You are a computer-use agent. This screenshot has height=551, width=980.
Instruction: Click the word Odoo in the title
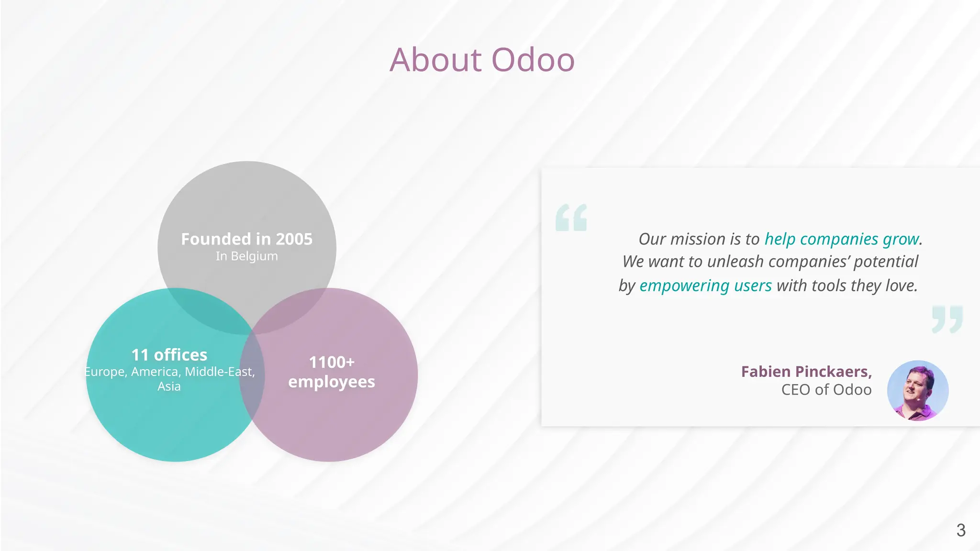click(x=533, y=60)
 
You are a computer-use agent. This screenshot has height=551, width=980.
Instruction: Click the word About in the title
click(x=435, y=60)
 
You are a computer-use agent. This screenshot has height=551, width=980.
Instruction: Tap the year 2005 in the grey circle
click(x=294, y=239)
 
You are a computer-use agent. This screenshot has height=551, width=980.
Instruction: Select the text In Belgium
click(x=246, y=256)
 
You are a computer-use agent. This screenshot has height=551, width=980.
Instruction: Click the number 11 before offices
click(x=140, y=355)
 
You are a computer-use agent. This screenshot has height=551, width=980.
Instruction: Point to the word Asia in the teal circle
click(x=169, y=386)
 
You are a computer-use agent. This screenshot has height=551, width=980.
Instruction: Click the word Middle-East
click(x=219, y=372)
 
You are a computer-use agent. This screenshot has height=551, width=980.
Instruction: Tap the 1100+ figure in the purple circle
click(x=332, y=362)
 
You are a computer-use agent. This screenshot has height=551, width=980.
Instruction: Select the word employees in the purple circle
click(x=332, y=382)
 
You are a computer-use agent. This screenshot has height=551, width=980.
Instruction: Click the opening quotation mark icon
click(x=571, y=218)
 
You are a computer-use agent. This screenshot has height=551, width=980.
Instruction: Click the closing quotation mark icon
click(x=947, y=319)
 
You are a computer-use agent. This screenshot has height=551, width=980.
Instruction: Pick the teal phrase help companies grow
click(x=842, y=239)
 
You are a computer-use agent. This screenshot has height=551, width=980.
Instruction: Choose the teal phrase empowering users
click(x=705, y=286)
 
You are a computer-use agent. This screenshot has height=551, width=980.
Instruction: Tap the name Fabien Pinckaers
click(x=806, y=372)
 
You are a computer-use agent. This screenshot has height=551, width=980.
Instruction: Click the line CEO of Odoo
click(x=826, y=390)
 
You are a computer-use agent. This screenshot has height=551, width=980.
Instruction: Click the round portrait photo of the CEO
click(x=917, y=390)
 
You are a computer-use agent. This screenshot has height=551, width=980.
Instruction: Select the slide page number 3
click(x=960, y=530)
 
